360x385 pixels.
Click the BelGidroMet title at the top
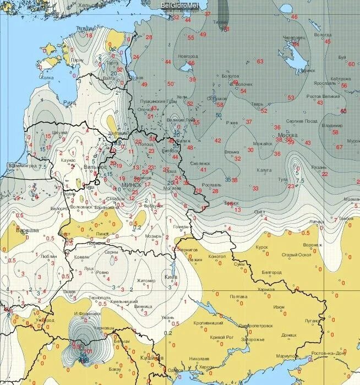180,5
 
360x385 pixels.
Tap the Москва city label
288,135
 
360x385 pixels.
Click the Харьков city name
266,289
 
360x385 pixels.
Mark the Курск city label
262,247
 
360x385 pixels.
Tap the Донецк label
288,334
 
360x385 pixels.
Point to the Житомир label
146,280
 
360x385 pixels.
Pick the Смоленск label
200,163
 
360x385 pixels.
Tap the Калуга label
264,170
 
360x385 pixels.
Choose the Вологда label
323,35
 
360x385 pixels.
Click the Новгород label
187,56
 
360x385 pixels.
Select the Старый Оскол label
297,255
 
